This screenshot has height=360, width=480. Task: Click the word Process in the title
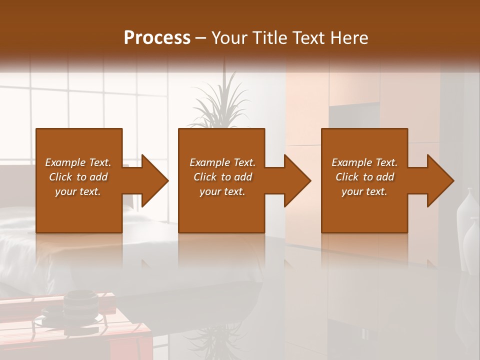point(157,38)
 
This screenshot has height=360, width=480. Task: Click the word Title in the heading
point(269,38)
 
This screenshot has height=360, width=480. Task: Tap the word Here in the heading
point(349,38)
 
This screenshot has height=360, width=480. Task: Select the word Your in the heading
point(229,38)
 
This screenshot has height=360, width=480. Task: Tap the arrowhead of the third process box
point(439,180)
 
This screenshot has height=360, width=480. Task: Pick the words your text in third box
point(364,191)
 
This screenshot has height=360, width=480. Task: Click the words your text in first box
point(77,191)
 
